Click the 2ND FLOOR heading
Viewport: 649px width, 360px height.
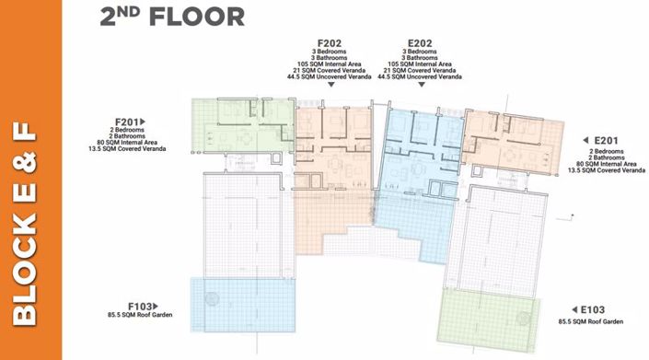point(172,16)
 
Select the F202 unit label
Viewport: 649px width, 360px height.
point(330,42)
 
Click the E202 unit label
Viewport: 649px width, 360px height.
point(420,42)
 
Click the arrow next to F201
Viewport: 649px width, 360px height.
point(145,121)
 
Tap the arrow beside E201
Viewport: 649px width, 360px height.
point(587,140)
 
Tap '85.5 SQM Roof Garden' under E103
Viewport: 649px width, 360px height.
point(591,321)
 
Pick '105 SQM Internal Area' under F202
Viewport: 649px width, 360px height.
point(330,64)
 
